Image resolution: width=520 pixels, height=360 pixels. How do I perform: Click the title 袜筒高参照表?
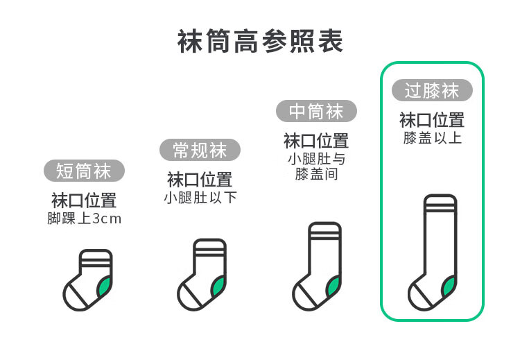point(260,41)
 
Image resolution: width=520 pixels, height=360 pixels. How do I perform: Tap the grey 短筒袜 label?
point(84,171)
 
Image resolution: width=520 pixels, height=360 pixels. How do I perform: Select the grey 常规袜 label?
point(200,150)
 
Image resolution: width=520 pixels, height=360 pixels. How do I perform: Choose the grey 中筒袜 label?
point(316,111)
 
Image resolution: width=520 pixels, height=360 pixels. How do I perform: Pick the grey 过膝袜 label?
point(432,90)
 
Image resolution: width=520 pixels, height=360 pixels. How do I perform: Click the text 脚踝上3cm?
point(84,219)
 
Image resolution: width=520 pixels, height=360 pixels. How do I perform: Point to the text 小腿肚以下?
point(200,198)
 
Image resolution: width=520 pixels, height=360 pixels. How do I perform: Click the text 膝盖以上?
point(432,137)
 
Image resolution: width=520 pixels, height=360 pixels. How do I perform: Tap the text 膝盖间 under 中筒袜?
point(316,174)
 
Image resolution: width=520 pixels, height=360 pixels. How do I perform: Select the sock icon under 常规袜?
point(202,275)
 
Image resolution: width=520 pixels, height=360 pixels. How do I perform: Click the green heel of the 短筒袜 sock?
point(105,284)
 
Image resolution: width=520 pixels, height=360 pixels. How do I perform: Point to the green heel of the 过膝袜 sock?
point(449,284)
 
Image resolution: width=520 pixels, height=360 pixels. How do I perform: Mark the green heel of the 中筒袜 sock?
point(333,284)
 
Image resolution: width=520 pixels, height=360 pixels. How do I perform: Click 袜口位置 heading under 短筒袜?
point(84,201)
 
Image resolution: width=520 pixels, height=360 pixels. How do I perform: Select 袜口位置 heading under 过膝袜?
point(432,120)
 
